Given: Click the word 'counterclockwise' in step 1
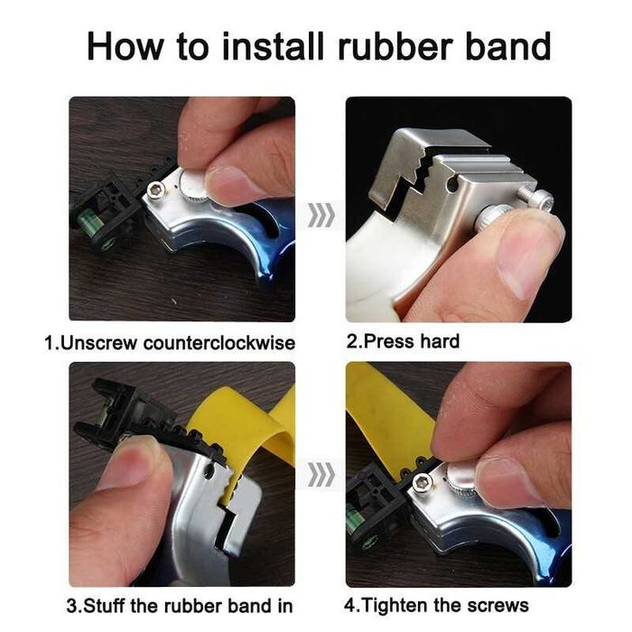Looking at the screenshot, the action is pyautogui.click(x=219, y=343).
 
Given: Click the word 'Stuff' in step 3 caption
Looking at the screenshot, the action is pyautogui.click(x=106, y=606).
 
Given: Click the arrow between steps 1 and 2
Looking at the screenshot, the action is pyautogui.click(x=321, y=215).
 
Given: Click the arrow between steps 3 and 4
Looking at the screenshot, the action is pyautogui.click(x=321, y=474).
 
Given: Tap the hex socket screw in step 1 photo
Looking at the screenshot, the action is pyautogui.click(x=155, y=190).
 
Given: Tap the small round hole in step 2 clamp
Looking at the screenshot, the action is pyautogui.click(x=452, y=184).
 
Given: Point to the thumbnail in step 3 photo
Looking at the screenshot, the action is pyautogui.click(x=130, y=463).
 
